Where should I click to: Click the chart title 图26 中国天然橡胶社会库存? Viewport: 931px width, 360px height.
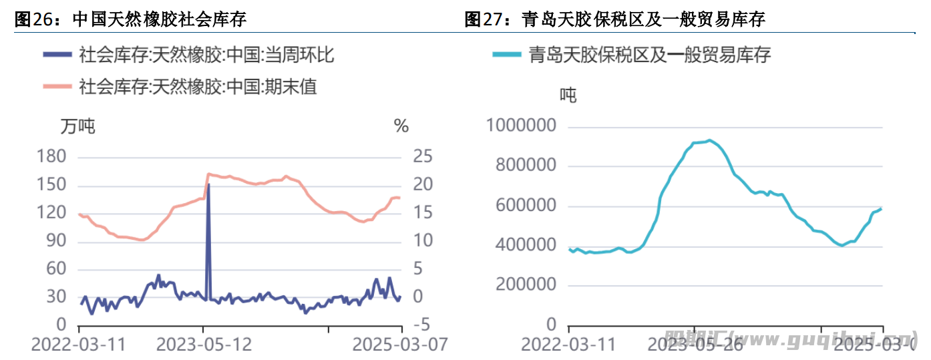[x=131, y=19]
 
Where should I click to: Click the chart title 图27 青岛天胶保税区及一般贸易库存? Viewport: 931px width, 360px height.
[x=614, y=19]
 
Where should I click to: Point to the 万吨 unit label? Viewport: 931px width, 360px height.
[x=78, y=126]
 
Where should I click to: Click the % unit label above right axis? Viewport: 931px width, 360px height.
[x=401, y=126]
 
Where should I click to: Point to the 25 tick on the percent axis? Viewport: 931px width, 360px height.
[x=423, y=157]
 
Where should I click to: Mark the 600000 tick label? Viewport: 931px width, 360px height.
[x=526, y=206]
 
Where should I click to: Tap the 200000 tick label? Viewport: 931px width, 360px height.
[x=526, y=285]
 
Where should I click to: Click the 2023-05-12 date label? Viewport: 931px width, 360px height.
[x=204, y=345]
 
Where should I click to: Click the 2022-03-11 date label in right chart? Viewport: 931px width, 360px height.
[x=568, y=345]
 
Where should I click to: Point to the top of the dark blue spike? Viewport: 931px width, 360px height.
[x=208, y=184]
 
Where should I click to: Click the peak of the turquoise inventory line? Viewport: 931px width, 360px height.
[x=709, y=140]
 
